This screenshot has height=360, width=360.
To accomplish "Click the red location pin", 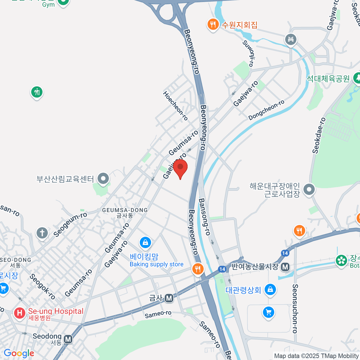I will (180, 168).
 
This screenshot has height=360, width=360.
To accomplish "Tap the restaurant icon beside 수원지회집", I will (213, 24).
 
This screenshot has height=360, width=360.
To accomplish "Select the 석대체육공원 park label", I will (328, 79).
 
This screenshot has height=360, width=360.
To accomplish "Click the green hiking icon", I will (37, 92).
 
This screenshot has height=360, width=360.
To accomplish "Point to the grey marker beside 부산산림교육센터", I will (103, 179).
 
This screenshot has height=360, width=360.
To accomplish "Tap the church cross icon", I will (42, 233).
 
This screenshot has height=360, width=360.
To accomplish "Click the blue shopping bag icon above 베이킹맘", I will (145, 242).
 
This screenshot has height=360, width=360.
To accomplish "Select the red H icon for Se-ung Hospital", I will (19, 313).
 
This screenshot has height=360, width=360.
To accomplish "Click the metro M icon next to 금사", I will (169, 298).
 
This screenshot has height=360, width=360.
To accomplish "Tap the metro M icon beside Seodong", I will (68, 339).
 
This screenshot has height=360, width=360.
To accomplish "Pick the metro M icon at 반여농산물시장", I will (285, 266).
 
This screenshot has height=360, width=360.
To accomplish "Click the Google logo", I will (19, 353).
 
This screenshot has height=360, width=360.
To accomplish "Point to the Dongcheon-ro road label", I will (266, 110).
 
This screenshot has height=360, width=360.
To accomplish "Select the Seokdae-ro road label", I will (319, 136).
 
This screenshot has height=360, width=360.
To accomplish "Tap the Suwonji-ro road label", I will (249, 53).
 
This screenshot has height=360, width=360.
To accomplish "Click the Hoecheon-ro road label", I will (175, 106).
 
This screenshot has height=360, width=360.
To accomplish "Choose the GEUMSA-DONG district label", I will (125, 212).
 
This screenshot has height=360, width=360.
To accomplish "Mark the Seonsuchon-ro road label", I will (295, 309).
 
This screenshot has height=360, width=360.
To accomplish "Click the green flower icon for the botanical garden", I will (341, 260).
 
